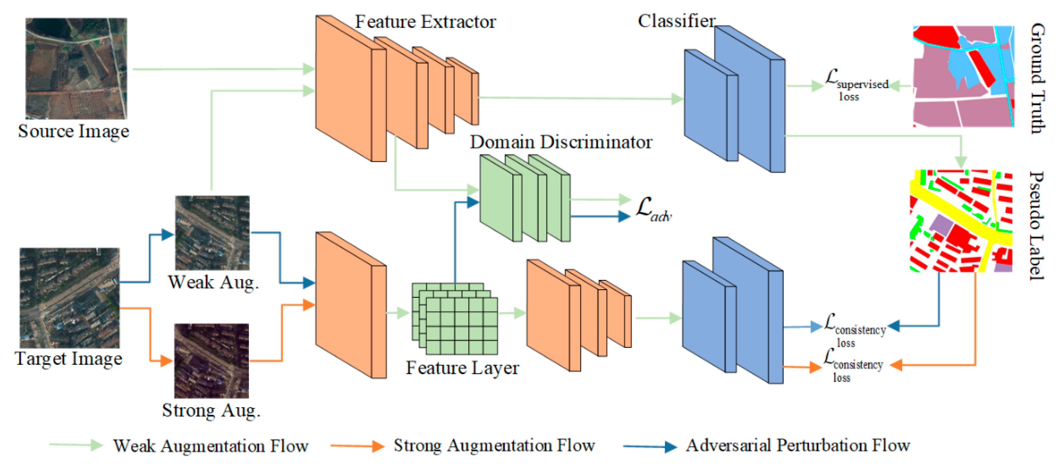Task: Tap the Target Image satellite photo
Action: click(x=69, y=298)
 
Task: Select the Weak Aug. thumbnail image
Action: click(x=212, y=233)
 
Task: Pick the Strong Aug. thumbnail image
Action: click(x=211, y=360)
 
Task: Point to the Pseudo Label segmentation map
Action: click(x=961, y=221)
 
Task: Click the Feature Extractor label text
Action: click(x=426, y=22)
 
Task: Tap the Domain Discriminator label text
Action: click(x=561, y=142)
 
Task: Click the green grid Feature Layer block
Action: click(x=455, y=318)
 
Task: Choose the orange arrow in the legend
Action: click(x=357, y=446)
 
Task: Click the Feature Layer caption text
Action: click(x=462, y=368)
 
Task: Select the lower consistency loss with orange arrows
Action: click(x=853, y=365)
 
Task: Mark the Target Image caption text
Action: click(x=69, y=358)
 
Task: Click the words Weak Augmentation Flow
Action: click(x=211, y=446)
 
